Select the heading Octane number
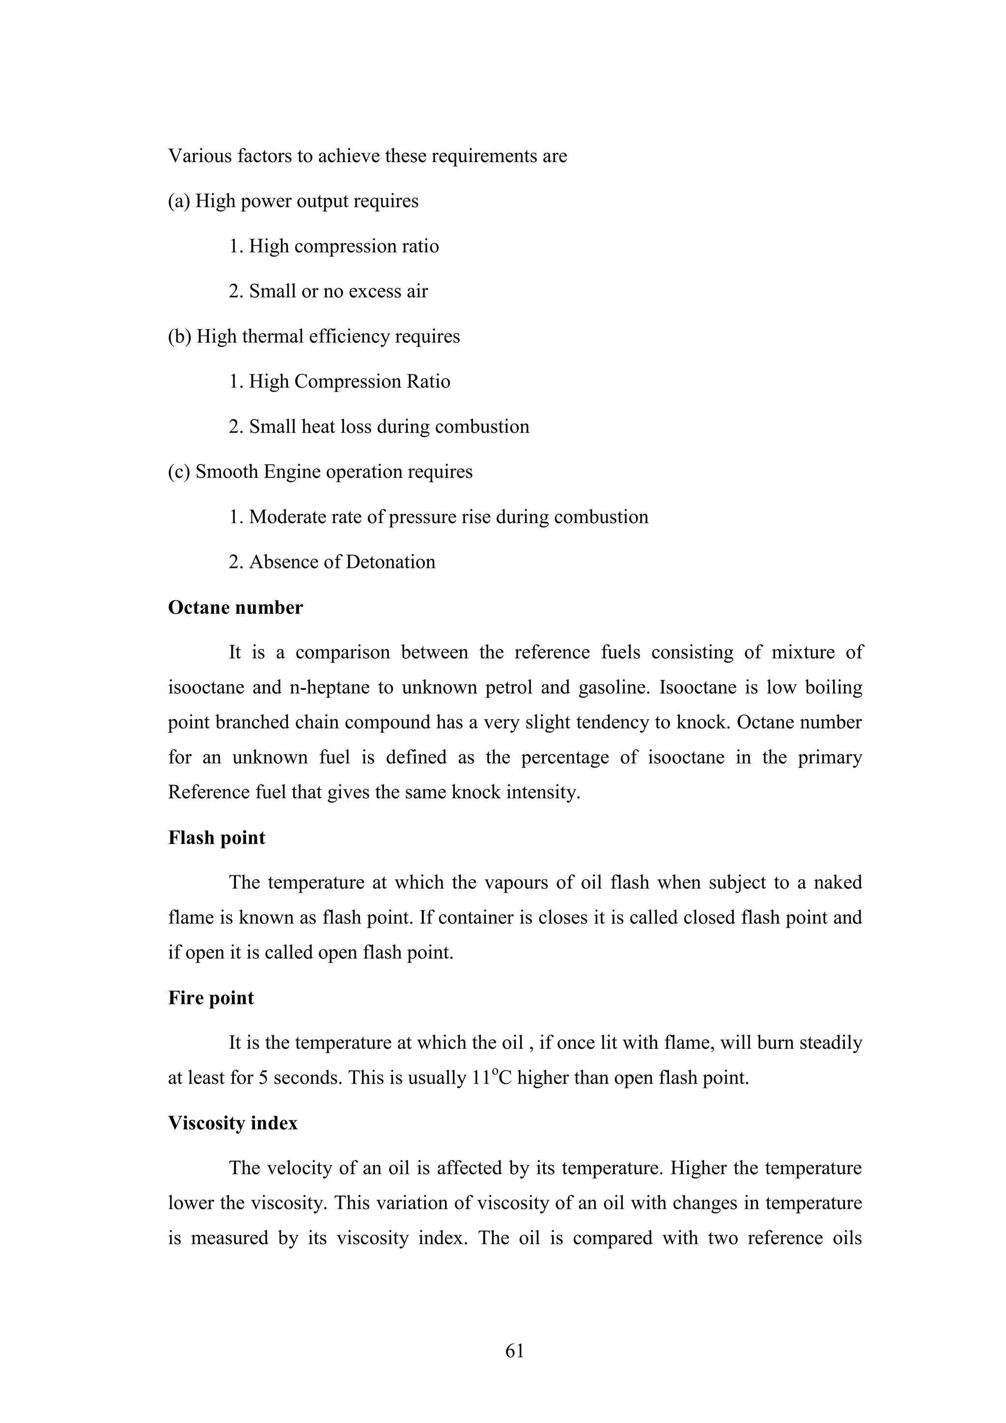point(236,608)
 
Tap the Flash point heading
point(216,838)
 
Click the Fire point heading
point(211,998)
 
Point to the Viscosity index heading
point(232,1123)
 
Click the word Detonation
point(391,562)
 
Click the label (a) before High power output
point(179,201)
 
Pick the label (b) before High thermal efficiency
point(180,336)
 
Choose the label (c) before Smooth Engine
point(179,472)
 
